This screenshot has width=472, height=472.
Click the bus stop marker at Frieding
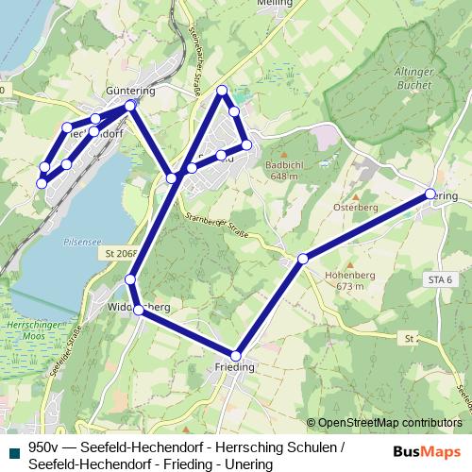[x=236, y=356]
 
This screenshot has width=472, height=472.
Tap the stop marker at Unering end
[x=430, y=194]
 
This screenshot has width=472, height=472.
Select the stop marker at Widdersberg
[x=138, y=310]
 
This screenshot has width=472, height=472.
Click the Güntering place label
[x=131, y=90]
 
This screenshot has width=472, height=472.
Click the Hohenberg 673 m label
[x=343, y=279]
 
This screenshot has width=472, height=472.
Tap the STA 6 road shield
[x=441, y=279]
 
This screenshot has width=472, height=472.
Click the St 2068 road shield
[x=122, y=253]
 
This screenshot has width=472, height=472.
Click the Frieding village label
[x=235, y=368]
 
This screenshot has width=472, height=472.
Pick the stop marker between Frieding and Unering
[x=303, y=258]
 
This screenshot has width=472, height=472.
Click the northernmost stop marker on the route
[x=223, y=90]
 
